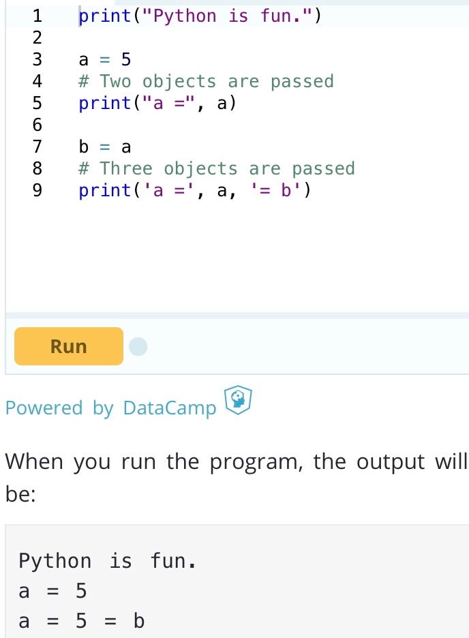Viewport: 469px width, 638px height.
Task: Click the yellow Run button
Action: click(68, 346)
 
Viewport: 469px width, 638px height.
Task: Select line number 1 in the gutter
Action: click(37, 16)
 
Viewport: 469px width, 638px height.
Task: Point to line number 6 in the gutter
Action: click(37, 125)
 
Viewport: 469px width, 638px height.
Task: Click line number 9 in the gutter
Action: click(37, 190)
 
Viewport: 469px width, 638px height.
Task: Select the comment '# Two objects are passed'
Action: click(206, 81)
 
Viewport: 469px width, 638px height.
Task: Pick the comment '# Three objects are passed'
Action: click(217, 168)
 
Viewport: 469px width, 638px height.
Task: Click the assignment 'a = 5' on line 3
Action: click(105, 59)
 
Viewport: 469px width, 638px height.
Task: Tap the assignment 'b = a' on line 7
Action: click(105, 147)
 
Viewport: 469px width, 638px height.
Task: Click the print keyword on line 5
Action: click(105, 103)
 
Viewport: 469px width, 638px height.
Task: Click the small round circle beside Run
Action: click(138, 347)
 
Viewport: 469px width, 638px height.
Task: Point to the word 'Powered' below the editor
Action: click(44, 408)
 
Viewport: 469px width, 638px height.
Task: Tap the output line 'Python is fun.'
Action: click(107, 562)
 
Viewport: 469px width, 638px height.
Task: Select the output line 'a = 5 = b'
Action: click(81, 622)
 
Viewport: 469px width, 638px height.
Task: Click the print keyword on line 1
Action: click(105, 16)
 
